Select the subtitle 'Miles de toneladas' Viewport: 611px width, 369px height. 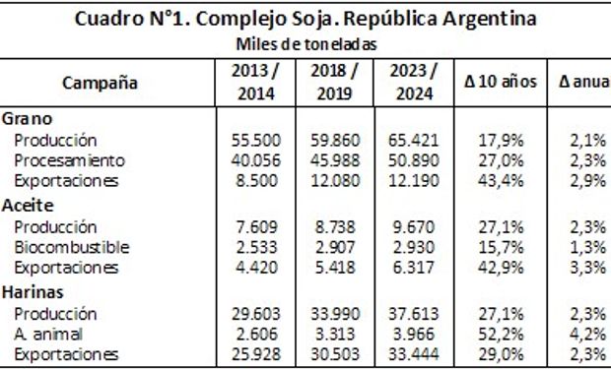pos(305,44)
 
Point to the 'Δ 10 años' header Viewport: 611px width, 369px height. pos(501,83)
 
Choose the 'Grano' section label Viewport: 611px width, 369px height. pos(28,118)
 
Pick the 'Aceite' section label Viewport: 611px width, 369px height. pos(30,205)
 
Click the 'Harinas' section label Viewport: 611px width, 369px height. pos(34,292)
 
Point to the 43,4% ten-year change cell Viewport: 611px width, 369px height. pos(501,182)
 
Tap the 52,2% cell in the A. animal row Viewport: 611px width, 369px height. pos(501,335)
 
